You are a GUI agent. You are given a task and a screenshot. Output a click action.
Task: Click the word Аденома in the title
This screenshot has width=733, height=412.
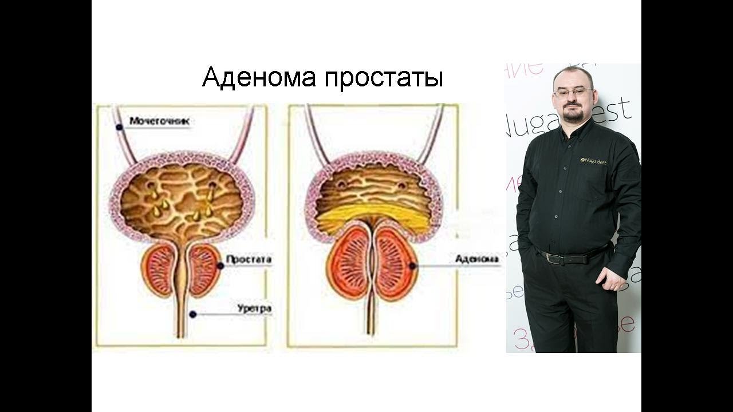[259, 77]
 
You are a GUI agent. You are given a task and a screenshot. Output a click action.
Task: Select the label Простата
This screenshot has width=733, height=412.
[249, 259]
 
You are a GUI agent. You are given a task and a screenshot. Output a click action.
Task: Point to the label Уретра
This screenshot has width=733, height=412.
[254, 309]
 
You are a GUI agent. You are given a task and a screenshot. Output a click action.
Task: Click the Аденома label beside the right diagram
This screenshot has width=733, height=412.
[476, 259]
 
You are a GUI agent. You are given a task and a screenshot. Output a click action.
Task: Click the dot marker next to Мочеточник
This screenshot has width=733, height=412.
[119, 126]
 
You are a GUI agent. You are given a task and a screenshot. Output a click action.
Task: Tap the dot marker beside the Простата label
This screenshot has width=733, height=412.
[220, 266]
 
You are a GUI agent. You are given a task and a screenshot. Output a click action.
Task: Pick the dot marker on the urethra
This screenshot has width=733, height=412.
[193, 314]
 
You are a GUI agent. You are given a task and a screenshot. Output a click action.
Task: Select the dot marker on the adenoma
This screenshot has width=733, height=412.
[412, 266]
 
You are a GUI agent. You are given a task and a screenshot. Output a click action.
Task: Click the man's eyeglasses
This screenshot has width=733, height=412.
[573, 92]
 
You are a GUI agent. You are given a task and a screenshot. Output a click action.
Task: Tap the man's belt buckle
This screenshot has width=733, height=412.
[553, 258]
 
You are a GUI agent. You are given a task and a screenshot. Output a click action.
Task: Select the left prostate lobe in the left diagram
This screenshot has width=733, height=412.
[159, 268]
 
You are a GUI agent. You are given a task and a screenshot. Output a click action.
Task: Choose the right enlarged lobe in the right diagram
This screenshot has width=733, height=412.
[395, 264]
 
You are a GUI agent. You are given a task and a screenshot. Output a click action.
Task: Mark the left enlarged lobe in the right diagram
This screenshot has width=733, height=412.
[348, 265]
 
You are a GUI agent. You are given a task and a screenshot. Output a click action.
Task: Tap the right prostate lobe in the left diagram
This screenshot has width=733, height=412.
[203, 268]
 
